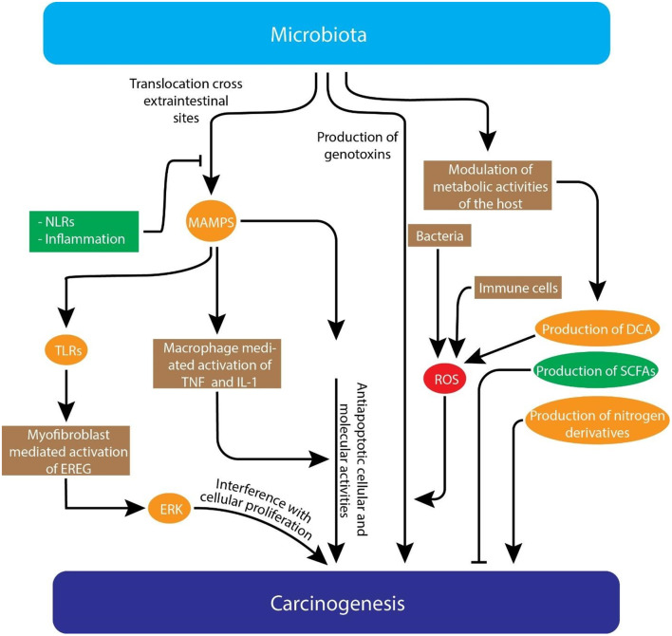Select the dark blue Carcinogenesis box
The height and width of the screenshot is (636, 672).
pos(335,602)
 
